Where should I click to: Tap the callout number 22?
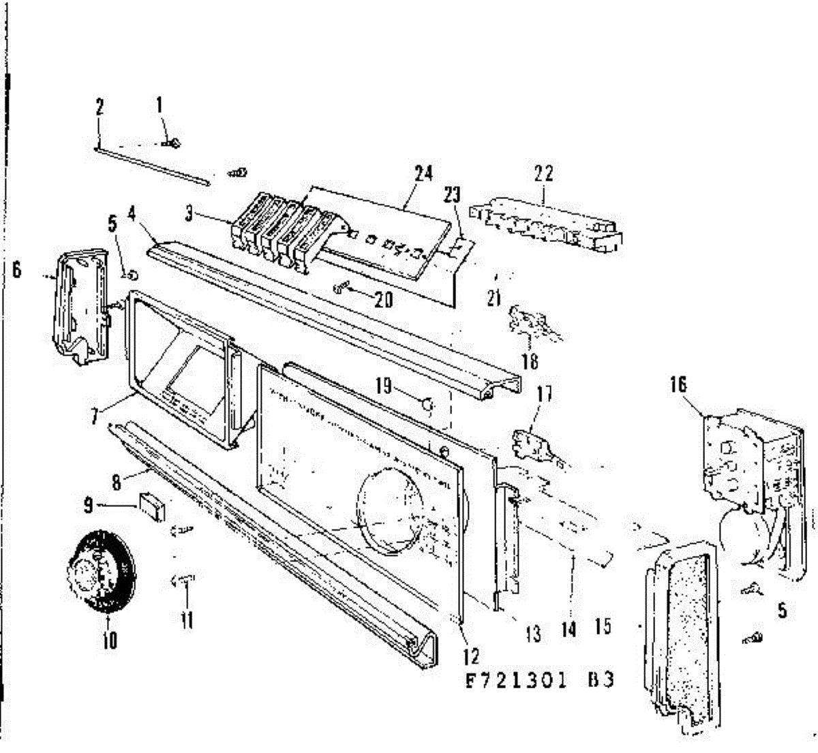point(544,174)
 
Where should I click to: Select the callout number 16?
point(678,385)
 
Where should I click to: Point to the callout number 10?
point(109,640)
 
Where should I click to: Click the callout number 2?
point(100,107)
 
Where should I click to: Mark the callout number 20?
point(383,298)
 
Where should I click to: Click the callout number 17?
point(545,394)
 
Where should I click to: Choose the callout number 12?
point(470,656)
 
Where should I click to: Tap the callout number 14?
point(569,628)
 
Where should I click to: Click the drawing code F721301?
point(515,681)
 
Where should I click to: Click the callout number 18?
point(530,360)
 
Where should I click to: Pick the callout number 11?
point(187,619)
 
